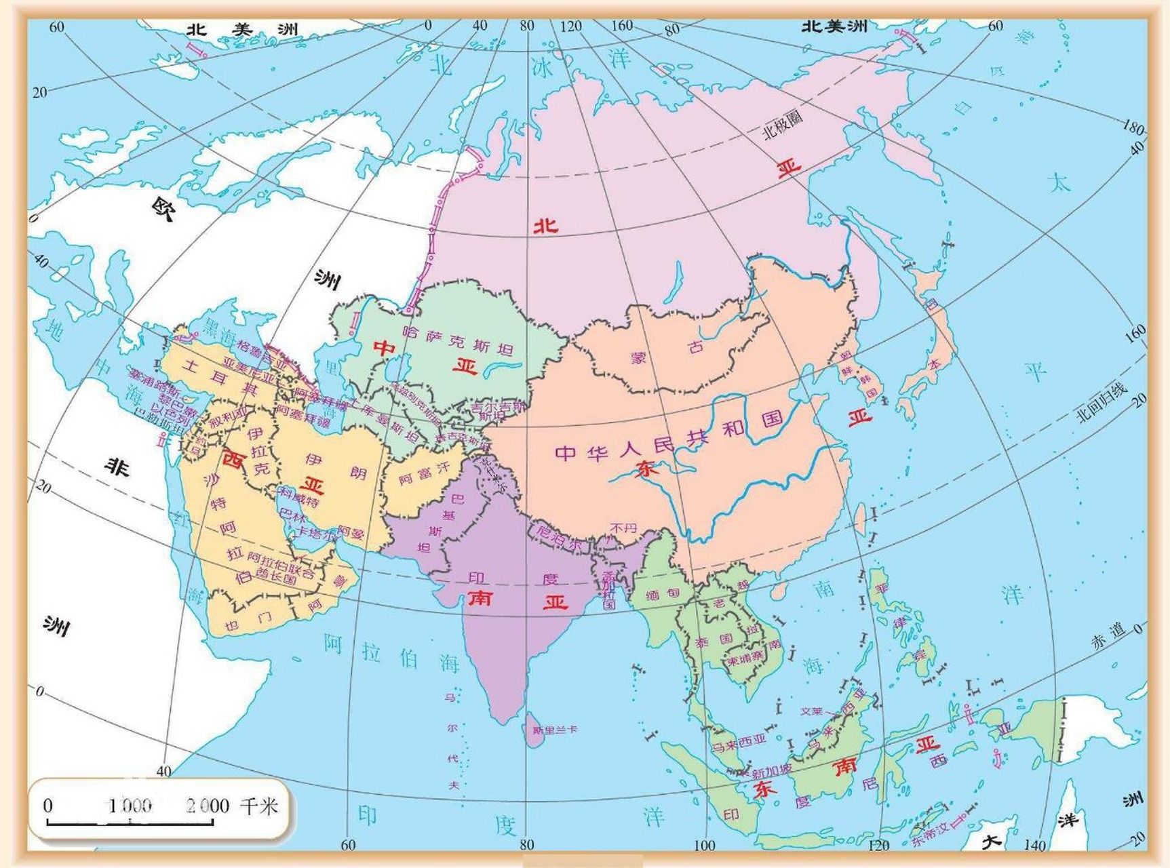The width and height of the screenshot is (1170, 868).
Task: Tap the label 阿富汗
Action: pyautogui.click(x=425, y=473)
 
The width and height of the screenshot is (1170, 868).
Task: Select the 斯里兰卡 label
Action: pyautogui.click(x=554, y=730)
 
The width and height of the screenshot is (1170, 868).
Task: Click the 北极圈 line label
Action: pyautogui.click(x=783, y=124)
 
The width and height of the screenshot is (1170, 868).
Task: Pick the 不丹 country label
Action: pyautogui.click(x=623, y=527)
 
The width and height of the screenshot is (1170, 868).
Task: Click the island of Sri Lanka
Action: pyautogui.click(x=536, y=732)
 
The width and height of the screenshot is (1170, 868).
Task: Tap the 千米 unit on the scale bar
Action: pyautogui.click(x=258, y=806)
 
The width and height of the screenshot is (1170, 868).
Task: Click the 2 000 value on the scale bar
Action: pyautogui.click(x=208, y=806)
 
